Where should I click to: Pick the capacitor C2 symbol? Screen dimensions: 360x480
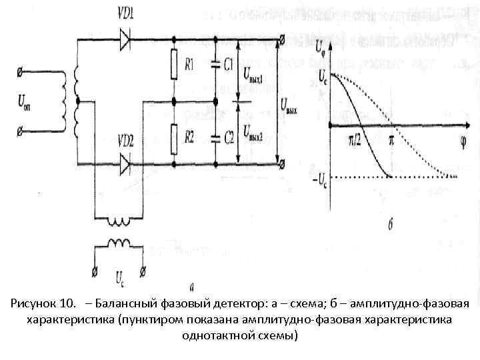point(215,139)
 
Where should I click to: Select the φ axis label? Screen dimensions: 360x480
point(462,141)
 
